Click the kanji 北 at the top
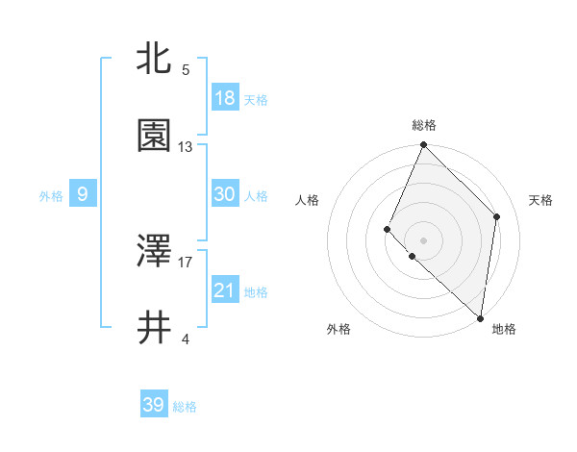154,59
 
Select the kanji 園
154,137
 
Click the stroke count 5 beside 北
186,69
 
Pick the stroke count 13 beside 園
186,147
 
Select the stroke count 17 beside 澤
186,261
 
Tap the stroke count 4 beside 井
186,339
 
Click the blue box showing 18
224,98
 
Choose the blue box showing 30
224,194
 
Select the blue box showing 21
224,290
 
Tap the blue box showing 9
83,195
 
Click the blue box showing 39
153,405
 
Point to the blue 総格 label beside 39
185,407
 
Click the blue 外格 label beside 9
51,196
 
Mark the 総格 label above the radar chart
423,125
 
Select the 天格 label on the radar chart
541,200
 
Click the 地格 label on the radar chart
504,329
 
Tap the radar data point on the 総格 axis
423,145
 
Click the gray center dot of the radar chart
423,239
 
